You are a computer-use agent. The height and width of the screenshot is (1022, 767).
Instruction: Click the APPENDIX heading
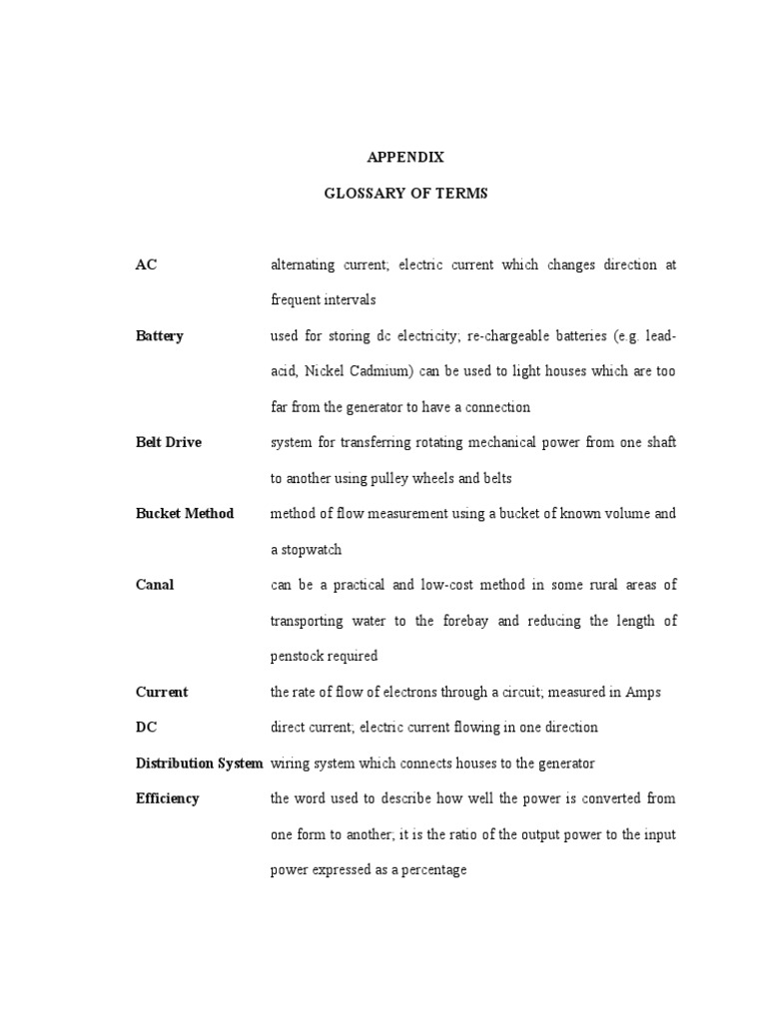(x=405, y=157)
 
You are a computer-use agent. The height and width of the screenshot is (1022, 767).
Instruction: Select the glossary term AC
(x=146, y=264)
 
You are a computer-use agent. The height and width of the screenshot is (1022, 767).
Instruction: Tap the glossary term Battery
(x=160, y=336)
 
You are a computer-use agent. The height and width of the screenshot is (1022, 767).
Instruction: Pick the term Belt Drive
(x=168, y=442)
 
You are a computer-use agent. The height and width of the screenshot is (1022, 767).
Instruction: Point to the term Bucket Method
(x=185, y=513)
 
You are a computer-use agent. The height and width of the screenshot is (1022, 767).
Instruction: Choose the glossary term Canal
(x=155, y=585)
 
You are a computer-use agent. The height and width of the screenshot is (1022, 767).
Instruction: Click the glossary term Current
(x=162, y=692)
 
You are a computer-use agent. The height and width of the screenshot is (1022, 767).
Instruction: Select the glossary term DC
(x=146, y=728)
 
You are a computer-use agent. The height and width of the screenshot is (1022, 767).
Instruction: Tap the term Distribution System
(x=199, y=764)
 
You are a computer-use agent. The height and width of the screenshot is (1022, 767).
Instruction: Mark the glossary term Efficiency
(x=167, y=798)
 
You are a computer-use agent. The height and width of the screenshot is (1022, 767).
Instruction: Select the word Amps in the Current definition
(x=644, y=692)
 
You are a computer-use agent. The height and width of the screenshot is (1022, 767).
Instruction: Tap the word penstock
(x=299, y=656)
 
